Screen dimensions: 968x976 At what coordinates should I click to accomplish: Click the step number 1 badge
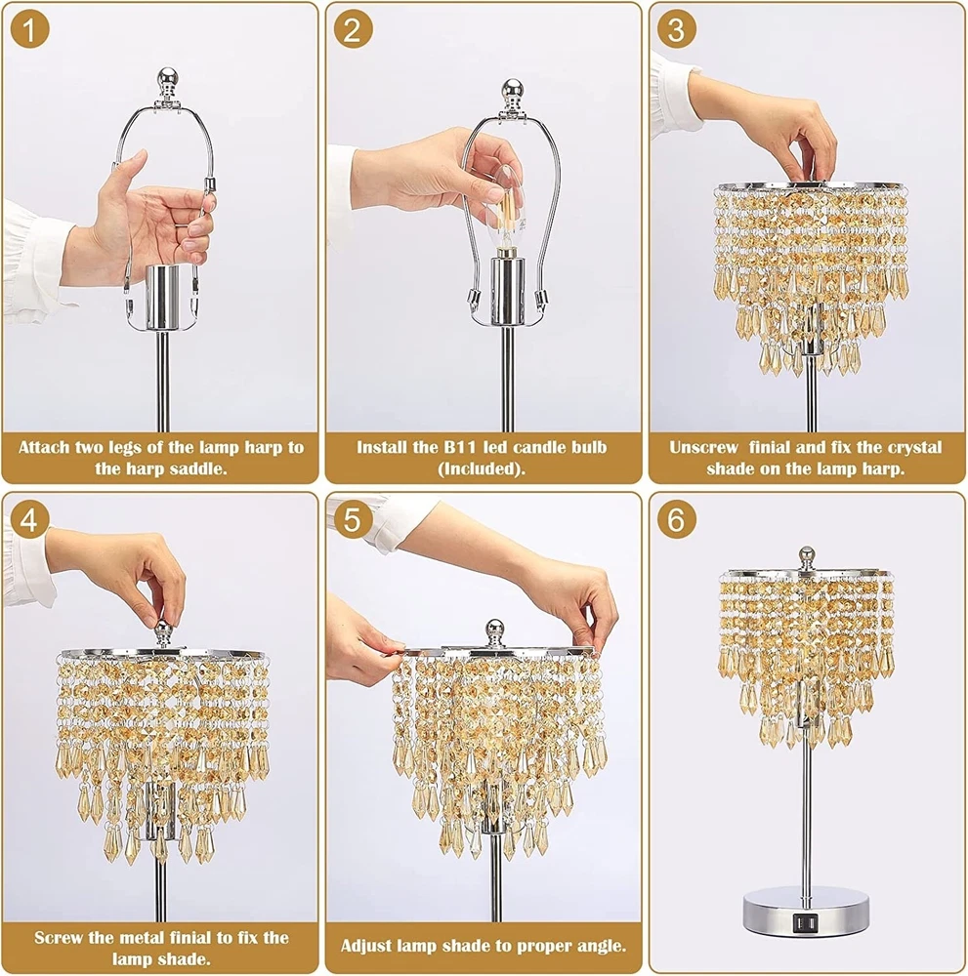click(30, 29)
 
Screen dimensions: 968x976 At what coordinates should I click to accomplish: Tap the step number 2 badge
click(354, 29)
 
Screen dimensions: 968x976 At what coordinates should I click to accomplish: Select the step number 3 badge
click(677, 29)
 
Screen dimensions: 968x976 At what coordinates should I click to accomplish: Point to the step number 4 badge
click(30, 519)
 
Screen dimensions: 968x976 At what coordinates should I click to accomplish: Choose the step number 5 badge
click(354, 519)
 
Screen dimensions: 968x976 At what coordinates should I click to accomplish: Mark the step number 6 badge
click(677, 519)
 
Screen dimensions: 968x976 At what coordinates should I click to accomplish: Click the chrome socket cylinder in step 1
click(162, 297)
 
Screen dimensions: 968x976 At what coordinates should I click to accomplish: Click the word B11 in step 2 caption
click(460, 447)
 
